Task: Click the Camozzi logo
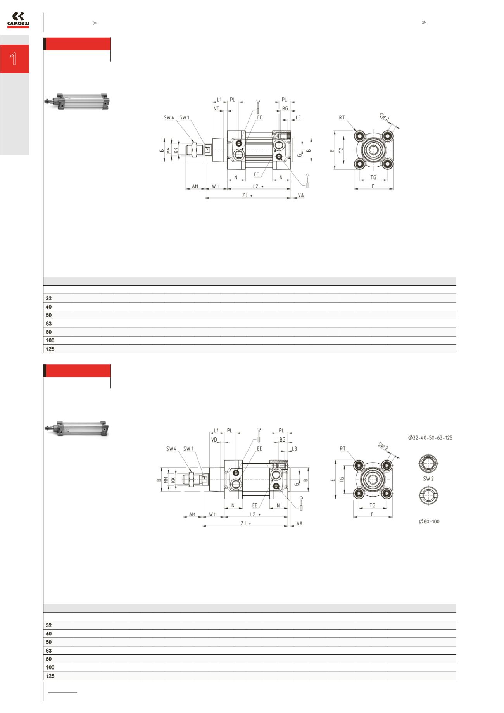click(x=18, y=21)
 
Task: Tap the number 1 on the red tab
click(x=14, y=59)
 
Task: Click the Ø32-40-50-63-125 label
click(x=430, y=438)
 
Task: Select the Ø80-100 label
click(x=429, y=522)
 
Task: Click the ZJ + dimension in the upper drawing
click(x=247, y=196)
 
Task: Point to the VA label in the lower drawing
click(x=299, y=523)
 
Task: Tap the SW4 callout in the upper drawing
click(x=169, y=117)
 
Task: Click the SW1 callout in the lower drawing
click(x=188, y=449)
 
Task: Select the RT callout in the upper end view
click(x=342, y=117)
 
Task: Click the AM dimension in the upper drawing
click(x=195, y=186)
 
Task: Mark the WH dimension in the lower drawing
click(x=213, y=514)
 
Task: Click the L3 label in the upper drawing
click(x=298, y=117)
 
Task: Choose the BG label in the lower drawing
click(x=282, y=440)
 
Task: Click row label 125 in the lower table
click(x=50, y=676)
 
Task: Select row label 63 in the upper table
click(x=48, y=323)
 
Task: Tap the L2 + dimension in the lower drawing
click(x=255, y=514)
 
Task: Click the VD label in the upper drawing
click(x=217, y=109)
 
